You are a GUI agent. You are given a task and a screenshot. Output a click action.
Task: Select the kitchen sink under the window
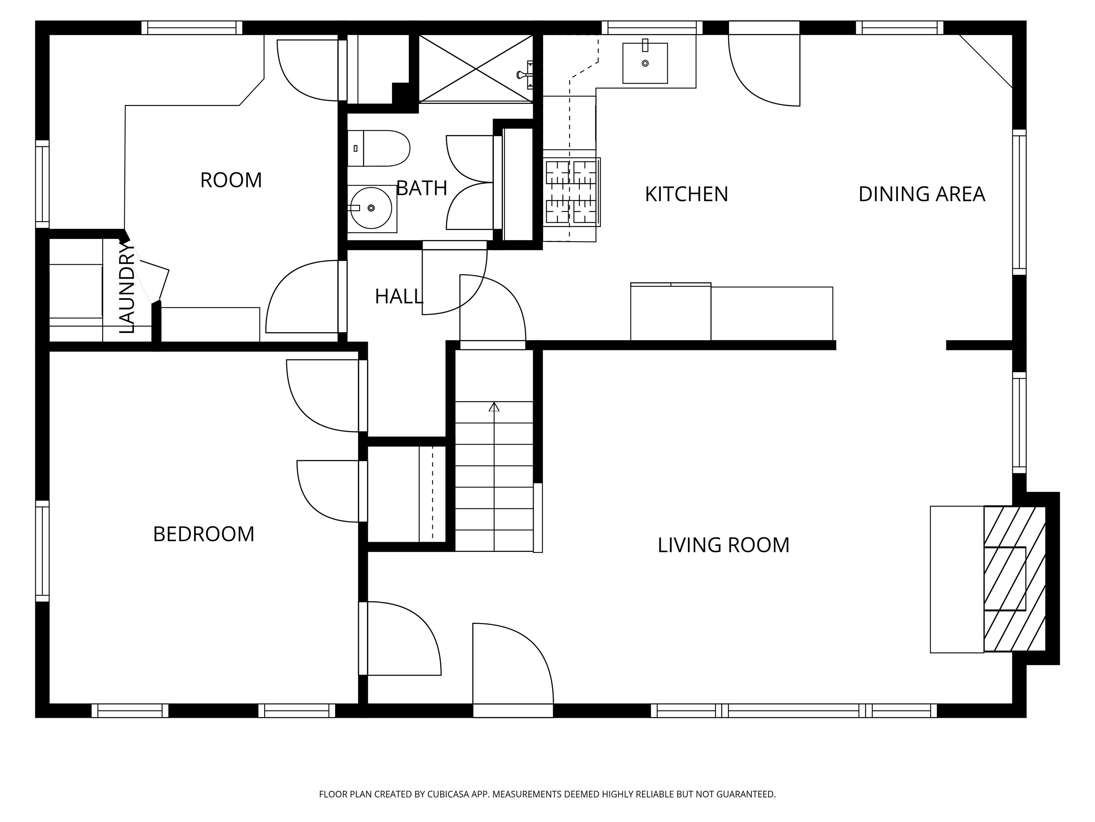pyautogui.click(x=644, y=63)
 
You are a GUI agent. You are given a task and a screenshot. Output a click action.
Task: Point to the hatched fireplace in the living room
pyautogui.click(x=1014, y=578)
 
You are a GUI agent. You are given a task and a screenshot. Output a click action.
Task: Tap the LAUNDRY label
pyautogui.click(x=127, y=287)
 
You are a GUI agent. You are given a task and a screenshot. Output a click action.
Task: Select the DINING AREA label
pyautogui.click(x=921, y=194)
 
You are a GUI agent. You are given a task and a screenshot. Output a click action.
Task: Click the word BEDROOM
pyautogui.click(x=204, y=534)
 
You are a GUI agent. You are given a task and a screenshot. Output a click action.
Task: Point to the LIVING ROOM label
pyautogui.click(x=723, y=545)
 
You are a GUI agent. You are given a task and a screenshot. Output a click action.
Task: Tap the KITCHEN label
pyautogui.click(x=686, y=194)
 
